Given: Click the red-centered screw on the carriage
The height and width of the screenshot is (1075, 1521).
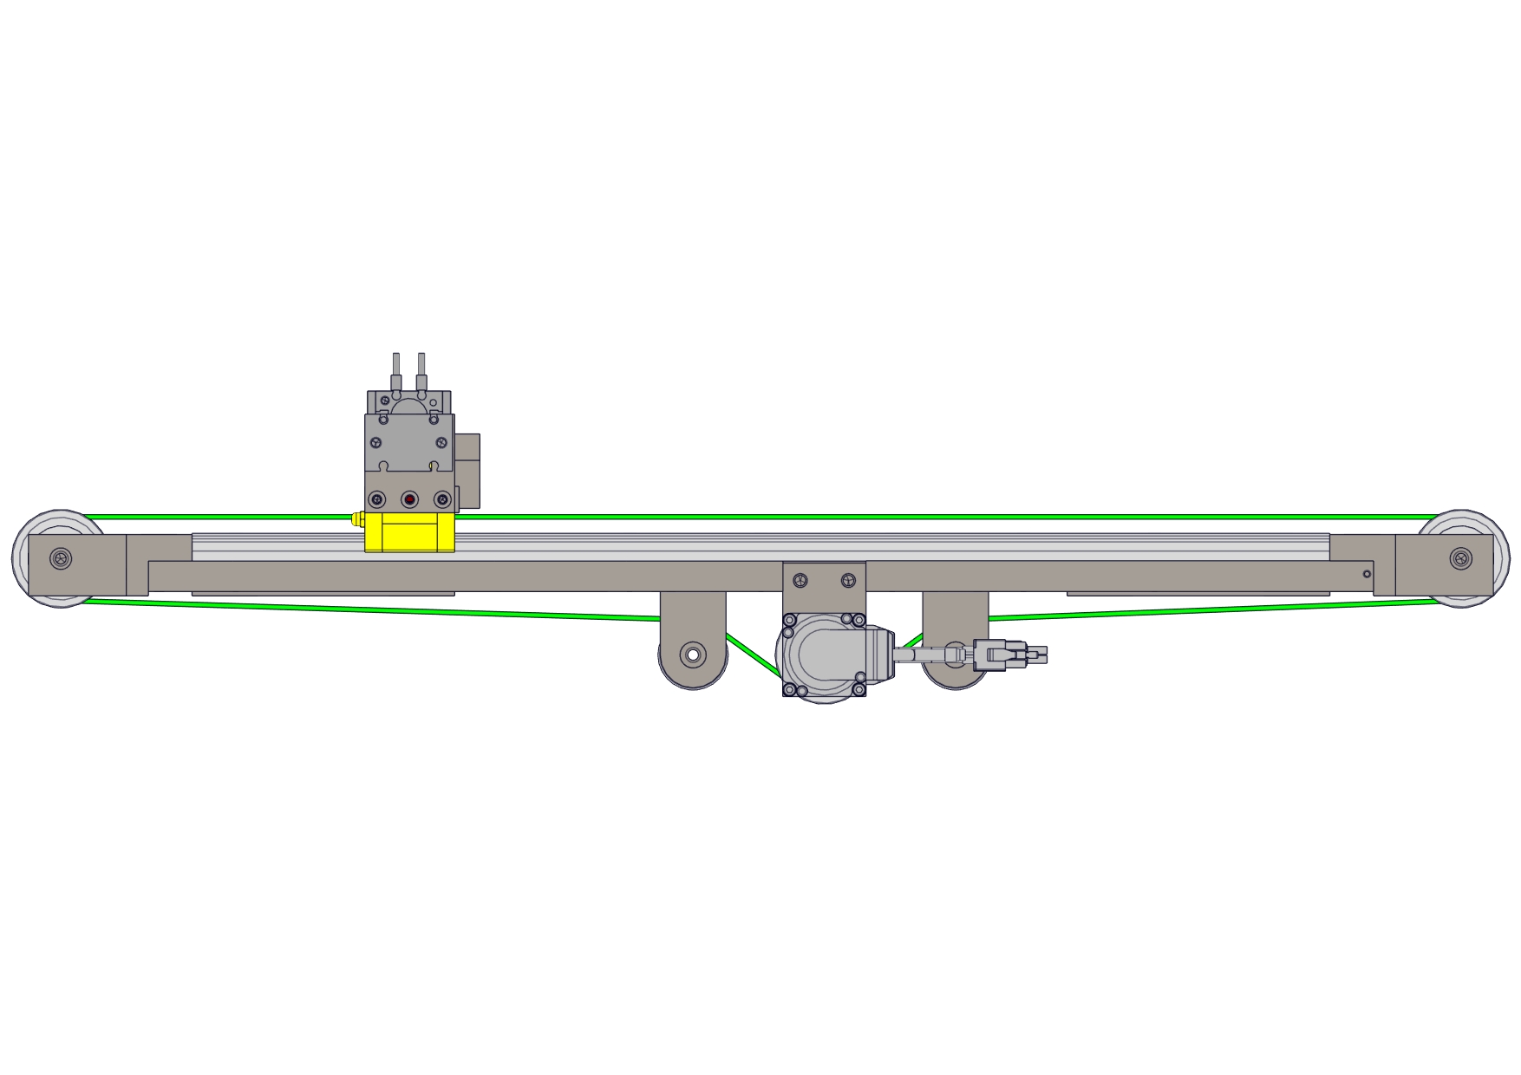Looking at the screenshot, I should click(409, 499).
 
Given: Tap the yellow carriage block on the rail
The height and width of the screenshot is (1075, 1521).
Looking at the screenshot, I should click(410, 532).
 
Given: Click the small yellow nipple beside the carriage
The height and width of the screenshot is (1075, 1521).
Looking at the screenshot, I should click(356, 520).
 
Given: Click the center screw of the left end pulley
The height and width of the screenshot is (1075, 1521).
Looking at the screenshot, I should click(61, 558).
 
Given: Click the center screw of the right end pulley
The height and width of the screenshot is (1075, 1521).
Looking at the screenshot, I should click(1460, 558).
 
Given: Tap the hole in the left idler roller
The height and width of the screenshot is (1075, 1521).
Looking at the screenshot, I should click(693, 654).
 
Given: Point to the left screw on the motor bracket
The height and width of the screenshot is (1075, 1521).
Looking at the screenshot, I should click(800, 580).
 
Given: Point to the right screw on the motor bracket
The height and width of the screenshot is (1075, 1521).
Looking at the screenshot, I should click(848, 580).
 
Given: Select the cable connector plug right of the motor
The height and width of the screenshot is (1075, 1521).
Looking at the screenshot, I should click(990, 655).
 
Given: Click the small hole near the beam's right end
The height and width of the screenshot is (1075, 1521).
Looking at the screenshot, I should click(1367, 574).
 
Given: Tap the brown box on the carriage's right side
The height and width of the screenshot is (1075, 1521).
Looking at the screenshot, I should click(467, 471).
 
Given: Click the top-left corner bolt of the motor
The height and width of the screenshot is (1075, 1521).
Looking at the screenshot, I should click(789, 620).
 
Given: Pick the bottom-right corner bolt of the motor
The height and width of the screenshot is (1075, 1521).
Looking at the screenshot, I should click(858, 690).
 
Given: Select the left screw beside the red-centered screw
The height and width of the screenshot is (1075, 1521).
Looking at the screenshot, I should click(377, 499).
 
